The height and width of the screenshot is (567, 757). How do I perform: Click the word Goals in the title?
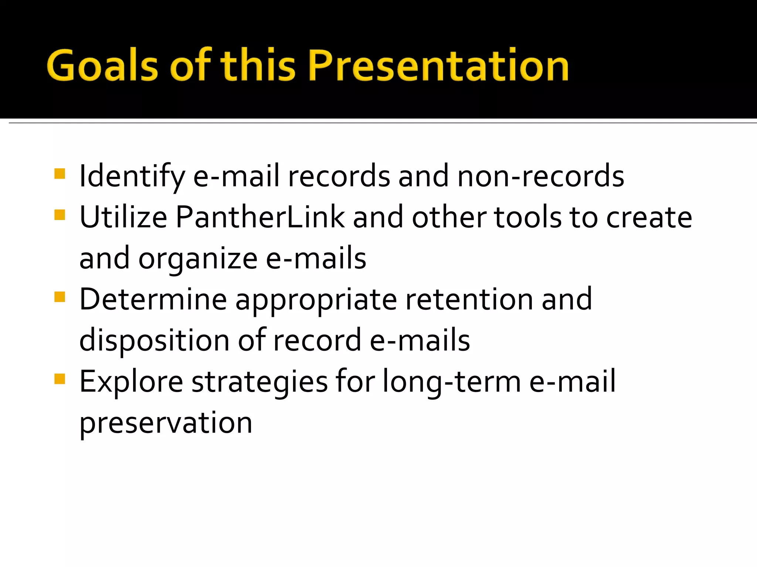tap(102, 66)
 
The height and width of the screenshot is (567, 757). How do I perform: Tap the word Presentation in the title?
tap(438, 66)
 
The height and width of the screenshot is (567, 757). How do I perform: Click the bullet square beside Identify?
tap(60, 173)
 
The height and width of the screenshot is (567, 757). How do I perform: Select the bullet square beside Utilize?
tap(60, 214)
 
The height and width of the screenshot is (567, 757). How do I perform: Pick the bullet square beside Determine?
tap(60, 297)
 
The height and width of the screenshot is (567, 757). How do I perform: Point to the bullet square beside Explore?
tap(60, 379)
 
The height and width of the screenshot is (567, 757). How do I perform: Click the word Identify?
tap(132, 176)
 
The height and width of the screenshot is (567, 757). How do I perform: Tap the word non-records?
tap(540, 176)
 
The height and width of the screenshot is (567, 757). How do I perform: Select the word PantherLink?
tap(260, 217)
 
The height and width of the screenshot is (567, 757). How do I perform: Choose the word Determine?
tap(153, 299)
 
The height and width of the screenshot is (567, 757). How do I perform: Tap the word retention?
tap(469, 299)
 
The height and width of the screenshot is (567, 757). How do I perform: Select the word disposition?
tap(154, 341)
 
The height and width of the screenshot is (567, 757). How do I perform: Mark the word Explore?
tap(131, 382)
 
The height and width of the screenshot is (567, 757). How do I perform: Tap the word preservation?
tap(166, 423)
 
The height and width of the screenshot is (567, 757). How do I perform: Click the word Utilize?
tap(123, 217)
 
